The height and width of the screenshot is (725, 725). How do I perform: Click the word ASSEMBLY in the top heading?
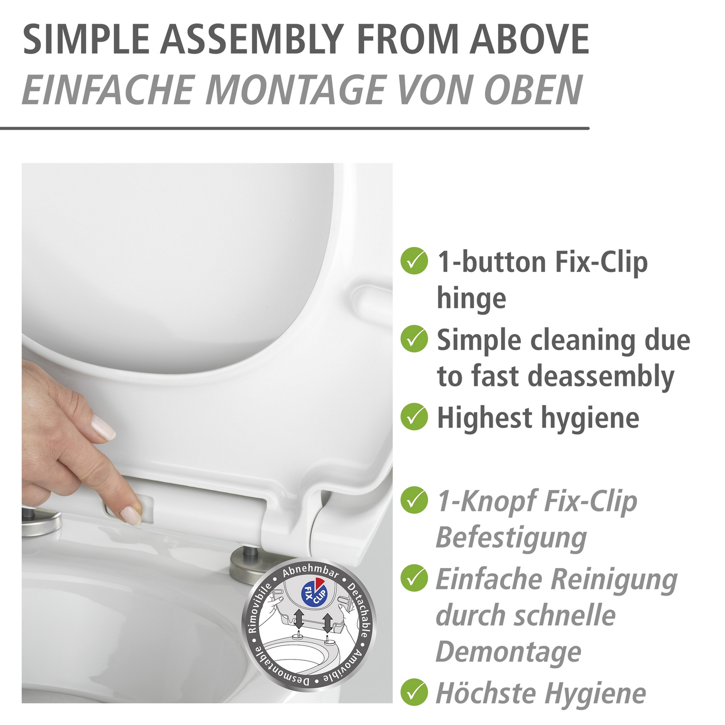[x=253, y=40]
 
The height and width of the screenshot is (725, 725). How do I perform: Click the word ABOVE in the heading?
[x=529, y=40]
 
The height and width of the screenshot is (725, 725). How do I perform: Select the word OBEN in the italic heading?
[x=533, y=90]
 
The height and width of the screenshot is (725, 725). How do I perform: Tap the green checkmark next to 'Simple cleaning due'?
[x=414, y=339]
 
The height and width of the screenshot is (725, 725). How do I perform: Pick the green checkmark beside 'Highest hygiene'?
[x=414, y=417]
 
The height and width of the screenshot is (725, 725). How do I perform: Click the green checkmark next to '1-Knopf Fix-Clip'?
[x=414, y=500]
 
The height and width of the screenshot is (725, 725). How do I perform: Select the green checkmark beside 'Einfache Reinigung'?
[x=414, y=578]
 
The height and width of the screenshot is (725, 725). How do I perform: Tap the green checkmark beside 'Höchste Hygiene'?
[x=414, y=692]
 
